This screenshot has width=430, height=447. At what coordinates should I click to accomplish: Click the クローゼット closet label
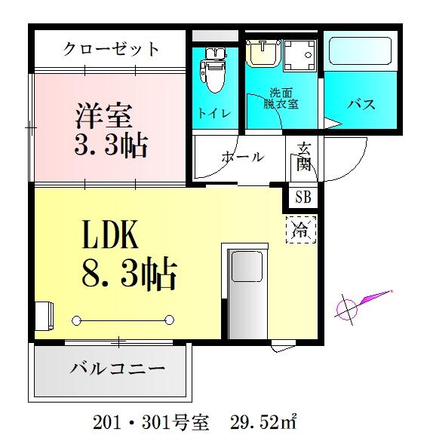(111, 50)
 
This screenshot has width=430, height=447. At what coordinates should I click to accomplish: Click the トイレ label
(214, 114)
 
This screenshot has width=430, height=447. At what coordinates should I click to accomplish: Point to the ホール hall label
(242, 157)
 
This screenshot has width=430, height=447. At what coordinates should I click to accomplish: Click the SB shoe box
(303, 198)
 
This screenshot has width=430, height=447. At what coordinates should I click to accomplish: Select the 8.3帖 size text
(128, 274)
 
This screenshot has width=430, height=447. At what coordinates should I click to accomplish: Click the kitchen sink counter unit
(245, 291)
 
